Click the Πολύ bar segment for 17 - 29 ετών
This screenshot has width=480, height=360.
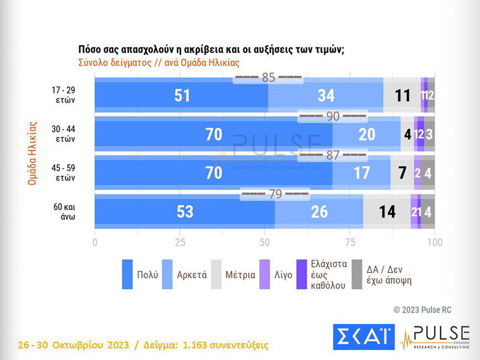[181, 95]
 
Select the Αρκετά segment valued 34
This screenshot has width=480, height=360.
[326, 95]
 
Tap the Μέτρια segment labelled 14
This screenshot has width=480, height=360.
[387, 211]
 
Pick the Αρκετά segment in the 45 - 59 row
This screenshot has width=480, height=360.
[361, 173]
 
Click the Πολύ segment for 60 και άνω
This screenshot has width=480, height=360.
[185, 211]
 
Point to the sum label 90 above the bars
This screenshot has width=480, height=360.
[332, 117]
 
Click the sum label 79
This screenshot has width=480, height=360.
[275, 195]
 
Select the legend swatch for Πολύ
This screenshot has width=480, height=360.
[128, 274]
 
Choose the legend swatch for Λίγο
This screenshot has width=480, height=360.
[265, 274]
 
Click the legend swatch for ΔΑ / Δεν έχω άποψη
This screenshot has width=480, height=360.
[357, 274]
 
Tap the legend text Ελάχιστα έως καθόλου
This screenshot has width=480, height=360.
[328, 274]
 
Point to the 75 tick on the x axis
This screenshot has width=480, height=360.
[349, 242]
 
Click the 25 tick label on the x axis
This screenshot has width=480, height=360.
[180, 242]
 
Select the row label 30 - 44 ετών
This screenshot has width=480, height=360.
[65, 134]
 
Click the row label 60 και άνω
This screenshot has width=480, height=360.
[65, 212]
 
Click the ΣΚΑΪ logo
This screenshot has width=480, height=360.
[363, 337]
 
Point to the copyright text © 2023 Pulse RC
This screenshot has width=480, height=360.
[421, 310]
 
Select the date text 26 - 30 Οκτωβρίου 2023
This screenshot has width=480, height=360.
[73, 345]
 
